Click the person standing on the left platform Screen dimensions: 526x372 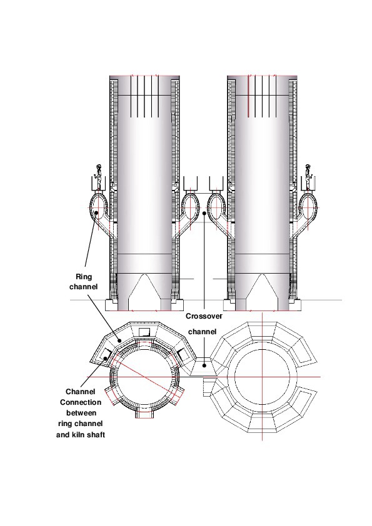pos(97,176)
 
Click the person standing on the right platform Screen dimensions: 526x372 pos(308,176)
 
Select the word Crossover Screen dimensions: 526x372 pos(204,317)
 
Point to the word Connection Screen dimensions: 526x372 pos(81,402)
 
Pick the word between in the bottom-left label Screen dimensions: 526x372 pos(80,413)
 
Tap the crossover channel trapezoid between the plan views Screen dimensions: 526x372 pos(202,368)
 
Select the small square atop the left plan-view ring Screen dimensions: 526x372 pos(144,332)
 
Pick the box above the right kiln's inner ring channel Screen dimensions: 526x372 pos(216,184)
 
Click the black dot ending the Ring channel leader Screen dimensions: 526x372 pos(96,214)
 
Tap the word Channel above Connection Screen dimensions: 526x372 pos(80,392)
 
